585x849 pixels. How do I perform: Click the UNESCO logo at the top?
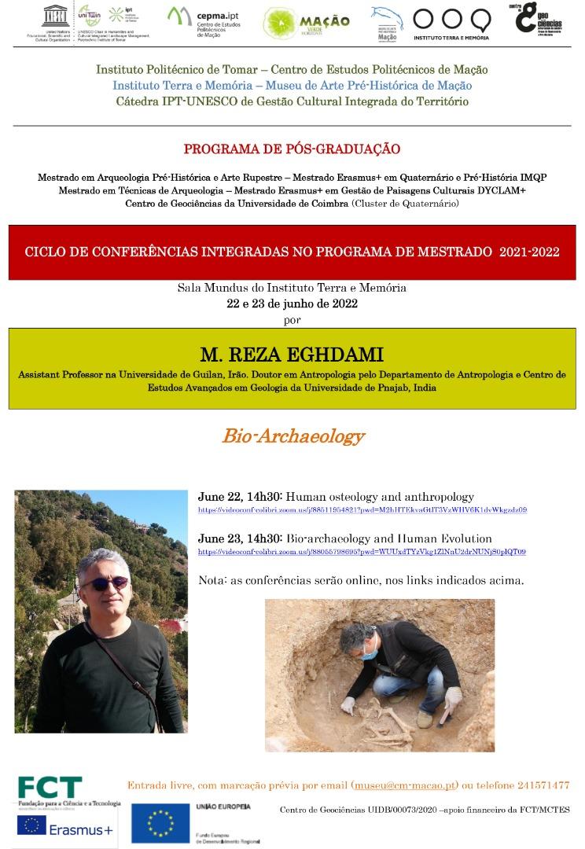point(35,17)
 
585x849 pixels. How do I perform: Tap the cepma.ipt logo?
point(202,21)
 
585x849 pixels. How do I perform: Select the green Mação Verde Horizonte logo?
point(307,23)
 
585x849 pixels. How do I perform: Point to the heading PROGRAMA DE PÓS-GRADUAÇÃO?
point(292,149)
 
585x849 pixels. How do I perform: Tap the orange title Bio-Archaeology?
point(292,436)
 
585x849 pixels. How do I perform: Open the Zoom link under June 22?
point(362,510)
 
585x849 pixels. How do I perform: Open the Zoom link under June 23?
point(362,552)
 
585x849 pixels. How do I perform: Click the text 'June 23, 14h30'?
point(239,538)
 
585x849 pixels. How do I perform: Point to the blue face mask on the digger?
point(372,650)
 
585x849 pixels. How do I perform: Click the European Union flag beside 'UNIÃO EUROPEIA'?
point(161,824)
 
